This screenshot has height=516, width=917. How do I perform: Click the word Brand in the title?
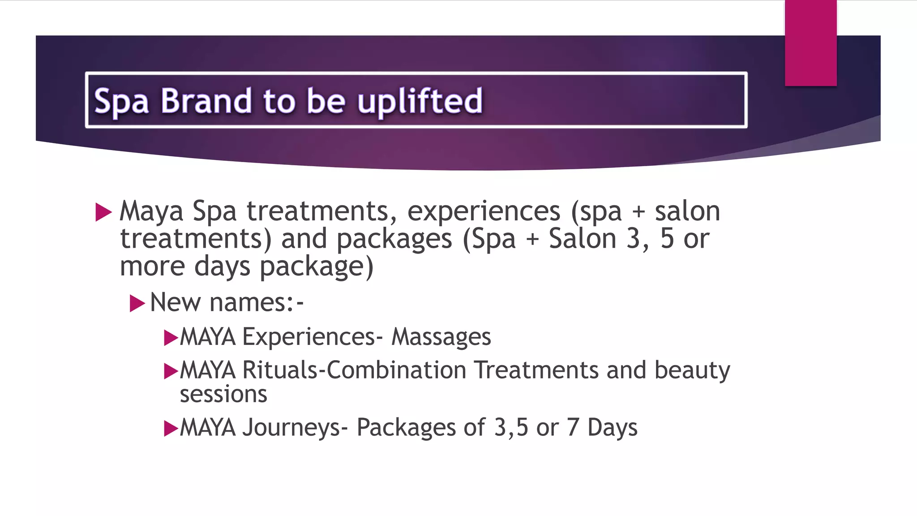[206, 101]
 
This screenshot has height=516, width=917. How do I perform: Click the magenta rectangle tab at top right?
[810, 43]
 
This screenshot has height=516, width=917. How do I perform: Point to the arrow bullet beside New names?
[137, 304]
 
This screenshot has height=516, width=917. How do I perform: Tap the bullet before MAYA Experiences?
[171, 338]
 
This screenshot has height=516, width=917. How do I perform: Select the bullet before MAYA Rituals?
[171, 371]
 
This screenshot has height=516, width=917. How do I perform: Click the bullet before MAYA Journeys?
[171, 428]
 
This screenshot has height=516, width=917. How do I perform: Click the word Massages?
[441, 337]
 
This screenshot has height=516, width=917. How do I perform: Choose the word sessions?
[223, 395]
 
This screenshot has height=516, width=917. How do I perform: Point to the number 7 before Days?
[573, 427]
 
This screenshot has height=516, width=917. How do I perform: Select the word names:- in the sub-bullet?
[257, 302]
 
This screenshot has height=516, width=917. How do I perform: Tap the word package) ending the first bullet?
[317, 267]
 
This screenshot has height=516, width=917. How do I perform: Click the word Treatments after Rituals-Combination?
[536, 370]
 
